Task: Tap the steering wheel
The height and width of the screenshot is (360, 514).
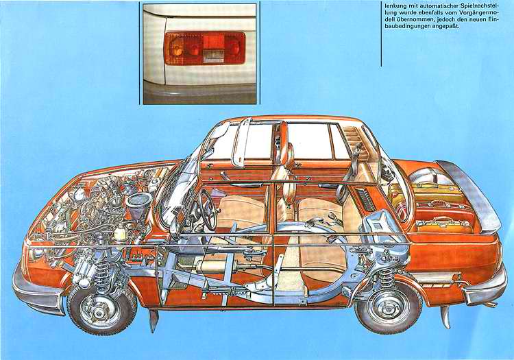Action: [x=206, y=210]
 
